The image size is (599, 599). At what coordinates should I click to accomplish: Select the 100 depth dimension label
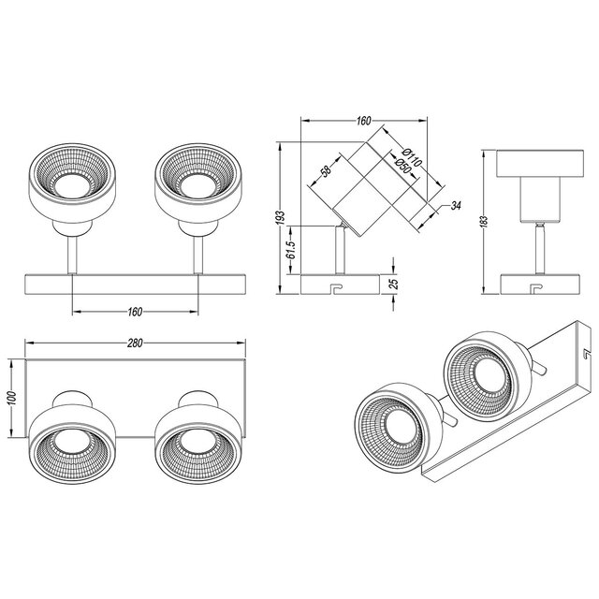point(11,399)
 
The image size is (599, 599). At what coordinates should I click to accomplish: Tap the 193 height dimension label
point(280,217)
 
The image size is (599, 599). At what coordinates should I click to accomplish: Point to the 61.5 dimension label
point(292,249)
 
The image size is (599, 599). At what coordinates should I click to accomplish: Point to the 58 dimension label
point(326,171)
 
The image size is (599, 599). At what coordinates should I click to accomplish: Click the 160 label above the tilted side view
point(363,121)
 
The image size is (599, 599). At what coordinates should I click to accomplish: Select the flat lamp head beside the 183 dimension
point(537,174)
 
